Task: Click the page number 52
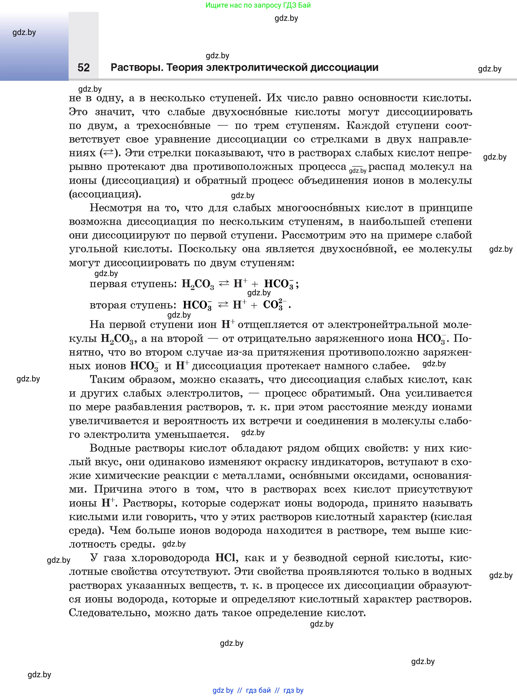point(84,68)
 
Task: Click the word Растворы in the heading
point(137,68)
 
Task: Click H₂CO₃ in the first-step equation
point(198,284)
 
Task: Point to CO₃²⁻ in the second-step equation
point(275,304)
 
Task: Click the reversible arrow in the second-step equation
point(223,305)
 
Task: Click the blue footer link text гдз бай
point(258,690)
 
